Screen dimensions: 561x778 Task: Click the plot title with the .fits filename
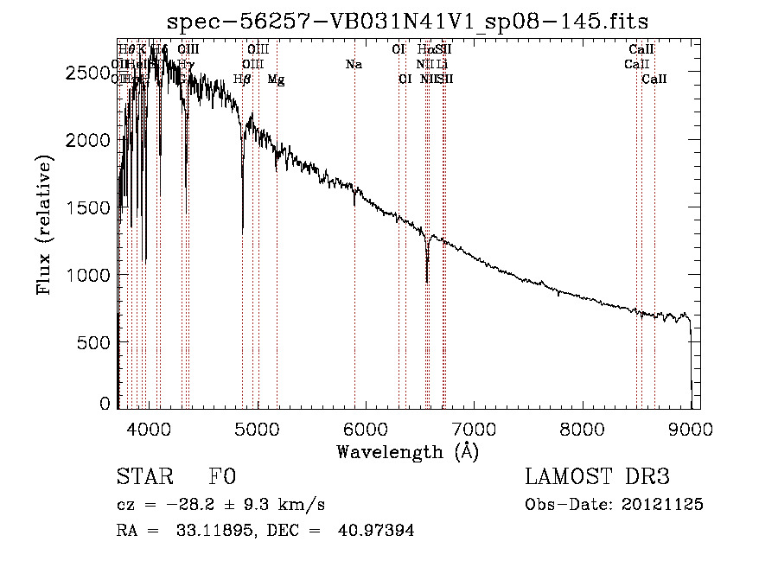coord(407,21)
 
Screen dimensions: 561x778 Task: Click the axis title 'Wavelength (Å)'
coord(407,451)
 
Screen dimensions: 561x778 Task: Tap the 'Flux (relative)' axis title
coord(44,225)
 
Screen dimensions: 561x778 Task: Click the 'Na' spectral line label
coord(353,65)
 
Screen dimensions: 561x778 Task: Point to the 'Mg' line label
coord(276,80)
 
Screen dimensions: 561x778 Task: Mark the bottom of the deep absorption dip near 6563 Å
coord(427,281)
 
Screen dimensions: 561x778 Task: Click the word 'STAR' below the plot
coord(144,477)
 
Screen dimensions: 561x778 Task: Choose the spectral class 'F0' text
coord(222,477)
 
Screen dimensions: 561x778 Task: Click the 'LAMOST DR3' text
coord(596,477)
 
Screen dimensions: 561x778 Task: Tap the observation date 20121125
coord(664,505)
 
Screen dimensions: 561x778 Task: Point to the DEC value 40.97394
coord(379,531)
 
